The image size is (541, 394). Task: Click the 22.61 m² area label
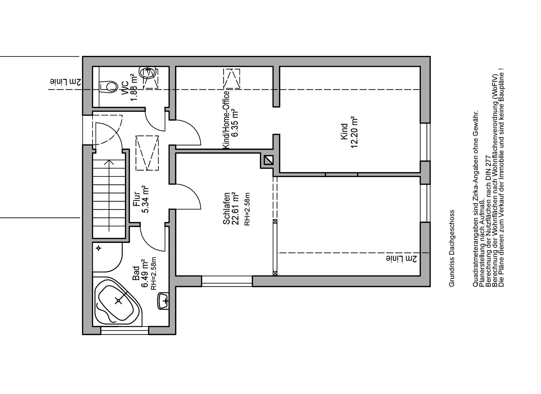(234, 209)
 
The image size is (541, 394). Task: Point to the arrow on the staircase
(109, 196)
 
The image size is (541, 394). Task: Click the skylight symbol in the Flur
(147, 153)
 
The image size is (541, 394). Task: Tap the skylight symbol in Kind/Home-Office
(232, 79)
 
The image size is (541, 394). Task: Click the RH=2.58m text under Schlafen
(247, 209)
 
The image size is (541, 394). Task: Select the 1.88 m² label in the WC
(134, 88)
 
